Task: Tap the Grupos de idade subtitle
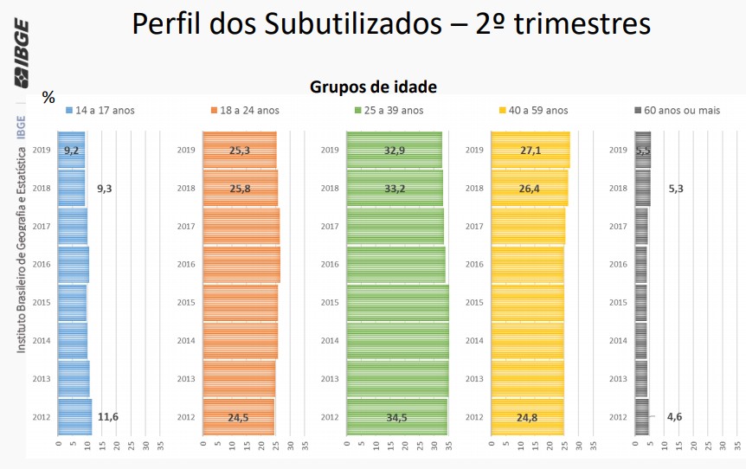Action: point(373,87)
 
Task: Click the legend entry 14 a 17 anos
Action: point(100,110)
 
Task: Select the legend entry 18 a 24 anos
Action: point(244,110)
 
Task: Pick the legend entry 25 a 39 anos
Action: point(389,110)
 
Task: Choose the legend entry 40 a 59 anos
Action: point(533,110)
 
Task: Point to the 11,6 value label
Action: point(108,417)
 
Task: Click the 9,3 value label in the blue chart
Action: point(104,189)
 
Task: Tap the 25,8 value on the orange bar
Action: point(240,189)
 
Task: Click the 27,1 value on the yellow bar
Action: point(531,151)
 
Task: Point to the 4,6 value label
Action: point(674,417)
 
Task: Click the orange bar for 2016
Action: point(241,265)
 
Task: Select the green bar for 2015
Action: point(396,303)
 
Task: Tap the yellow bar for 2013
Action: point(527,379)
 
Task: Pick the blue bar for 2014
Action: point(72,341)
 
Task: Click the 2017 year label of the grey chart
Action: point(618,227)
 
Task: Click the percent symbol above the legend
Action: point(48,98)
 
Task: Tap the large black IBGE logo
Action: point(21,52)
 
